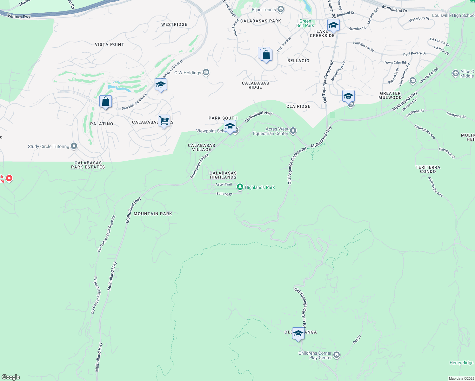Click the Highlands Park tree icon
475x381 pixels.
coord(240,187)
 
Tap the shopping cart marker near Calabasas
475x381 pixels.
coord(164,121)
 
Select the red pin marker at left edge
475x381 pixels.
coord(9,178)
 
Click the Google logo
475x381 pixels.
coord(10,377)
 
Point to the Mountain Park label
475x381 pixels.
coord(153,214)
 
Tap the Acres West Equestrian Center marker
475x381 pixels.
coord(293,131)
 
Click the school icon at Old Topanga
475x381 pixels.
coord(298,333)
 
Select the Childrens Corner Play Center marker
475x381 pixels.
coord(337,355)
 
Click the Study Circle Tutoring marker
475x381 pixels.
coord(74,146)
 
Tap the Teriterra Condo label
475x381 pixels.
coord(428,169)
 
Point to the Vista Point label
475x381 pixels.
coord(109,44)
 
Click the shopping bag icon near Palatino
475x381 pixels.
coord(105,102)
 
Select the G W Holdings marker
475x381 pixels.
coord(206,73)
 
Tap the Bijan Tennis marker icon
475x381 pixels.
coord(280,9)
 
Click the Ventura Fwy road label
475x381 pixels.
coord(19,17)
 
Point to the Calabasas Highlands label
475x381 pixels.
coord(223,175)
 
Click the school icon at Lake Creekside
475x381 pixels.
coord(333,25)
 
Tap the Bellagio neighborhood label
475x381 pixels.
coord(298,61)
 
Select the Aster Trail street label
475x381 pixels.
coord(224,184)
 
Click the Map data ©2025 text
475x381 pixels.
coord(461,378)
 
